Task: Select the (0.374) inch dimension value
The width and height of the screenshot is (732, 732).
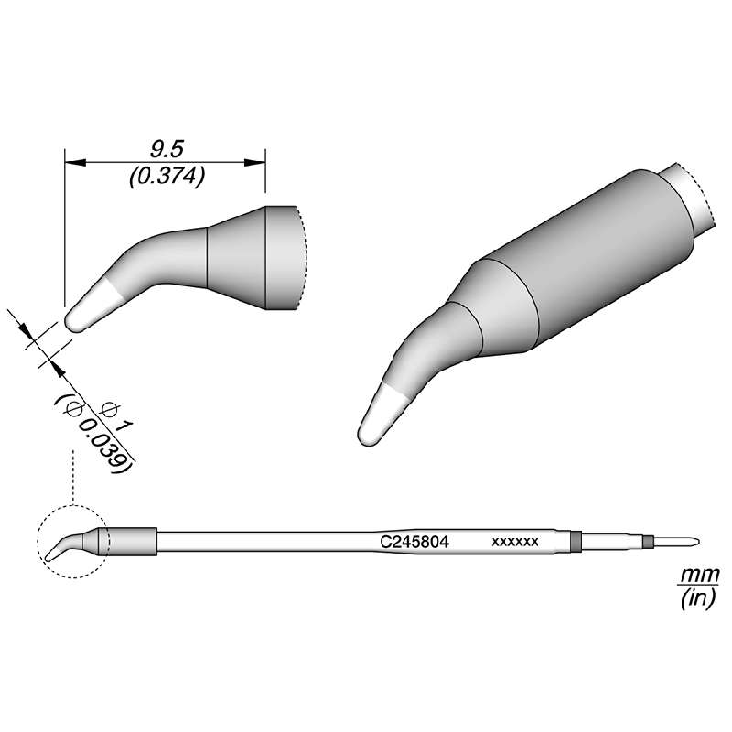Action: click(165, 177)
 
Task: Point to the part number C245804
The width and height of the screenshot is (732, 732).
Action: click(414, 541)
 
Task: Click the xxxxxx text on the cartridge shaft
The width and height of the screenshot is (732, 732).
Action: click(515, 541)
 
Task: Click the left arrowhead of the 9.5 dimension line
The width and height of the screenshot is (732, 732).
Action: click(73, 162)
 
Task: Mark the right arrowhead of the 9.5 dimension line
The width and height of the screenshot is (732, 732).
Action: click(256, 162)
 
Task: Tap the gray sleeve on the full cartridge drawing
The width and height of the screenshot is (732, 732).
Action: click(133, 541)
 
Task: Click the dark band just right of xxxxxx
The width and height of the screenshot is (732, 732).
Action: click(576, 541)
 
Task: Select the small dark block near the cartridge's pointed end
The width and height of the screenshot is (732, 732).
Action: click(648, 542)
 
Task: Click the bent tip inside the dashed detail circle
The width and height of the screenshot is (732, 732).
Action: click(57, 550)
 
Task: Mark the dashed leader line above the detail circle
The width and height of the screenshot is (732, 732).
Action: click(72, 476)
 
